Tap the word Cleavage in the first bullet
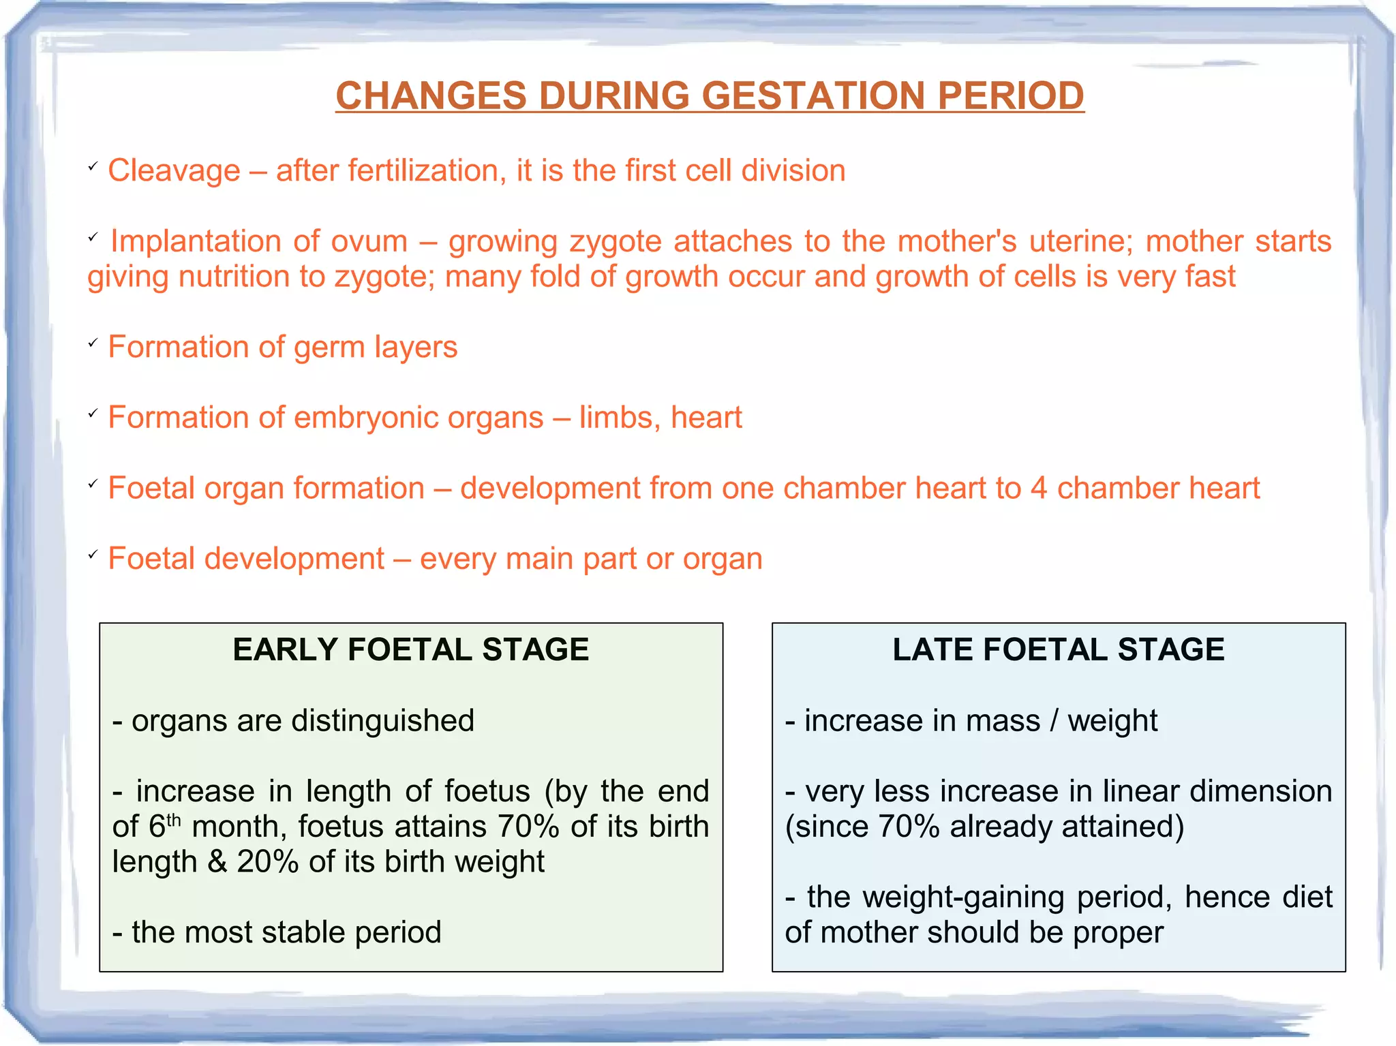pyautogui.click(x=174, y=170)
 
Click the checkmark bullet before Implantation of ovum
pyautogui.click(x=93, y=238)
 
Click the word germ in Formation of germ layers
pyautogui.click(x=329, y=348)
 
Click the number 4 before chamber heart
pyautogui.click(x=1038, y=489)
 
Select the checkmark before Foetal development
pyautogui.click(x=93, y=555)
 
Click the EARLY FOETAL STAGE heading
pyautogui.click(x=410, y=649)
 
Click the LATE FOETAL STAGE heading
pyautogui.click(x=1058, y=649)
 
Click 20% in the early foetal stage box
pyautogui.click(x=267, y=862)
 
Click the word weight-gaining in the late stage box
pyautogui.click(x=963, y=897)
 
